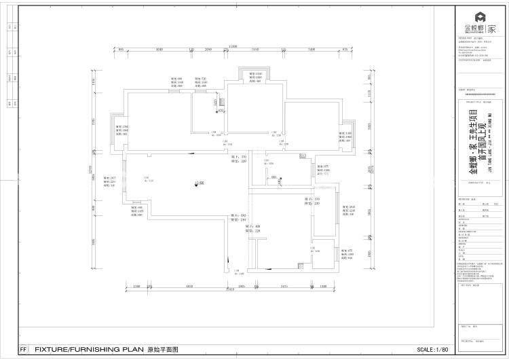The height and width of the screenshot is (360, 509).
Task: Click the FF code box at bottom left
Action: coord(24,350)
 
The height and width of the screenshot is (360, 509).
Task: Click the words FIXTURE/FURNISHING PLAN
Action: coord(90,350)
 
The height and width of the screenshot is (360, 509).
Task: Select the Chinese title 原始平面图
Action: coord(163,350)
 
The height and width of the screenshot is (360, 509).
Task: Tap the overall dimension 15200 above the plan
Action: coord(233,46)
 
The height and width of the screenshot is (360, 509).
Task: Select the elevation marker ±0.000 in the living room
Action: coord(198,183)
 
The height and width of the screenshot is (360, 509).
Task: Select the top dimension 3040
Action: coord(161,50)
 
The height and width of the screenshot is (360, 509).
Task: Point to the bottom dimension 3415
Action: coord(283,287)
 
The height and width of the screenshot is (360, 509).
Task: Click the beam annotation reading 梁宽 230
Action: coord(316,200)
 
